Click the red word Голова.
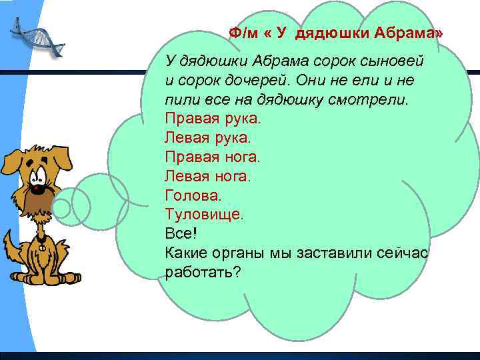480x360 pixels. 192,196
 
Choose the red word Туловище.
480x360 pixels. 204,215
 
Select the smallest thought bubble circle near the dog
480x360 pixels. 61,208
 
